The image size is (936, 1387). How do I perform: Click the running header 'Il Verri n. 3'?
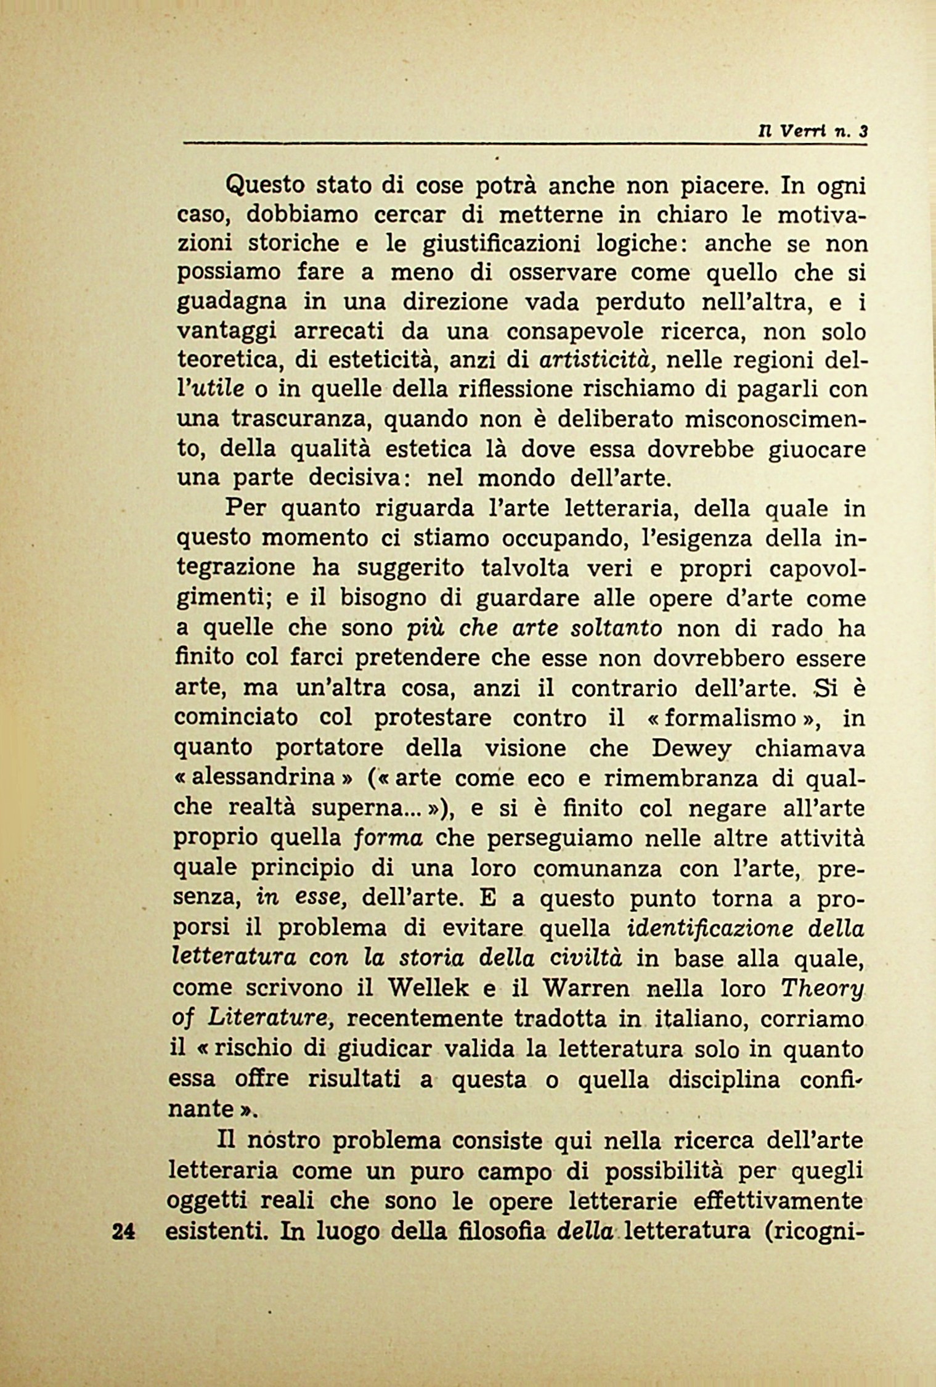pyautogui.click(x=815, y=131)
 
